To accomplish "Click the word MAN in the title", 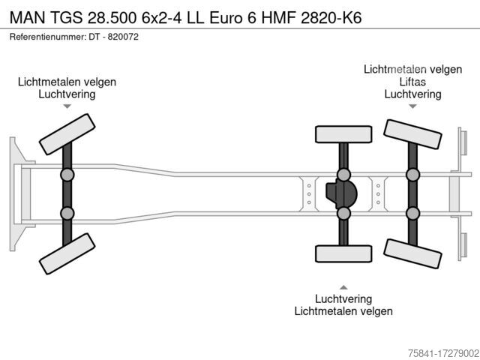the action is pyautogui.click(x=28, y=18).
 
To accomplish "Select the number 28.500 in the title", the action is pyautogui.click(x=112, y=18).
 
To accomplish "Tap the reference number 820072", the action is pyautogui.click(x=123, y=37).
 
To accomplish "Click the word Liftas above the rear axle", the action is pyautogui.click(x=412, y=82).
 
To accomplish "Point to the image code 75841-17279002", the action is pyautogui.click(x=444, y=353).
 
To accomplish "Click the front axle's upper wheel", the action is pyautogui.click(x=67, y=134).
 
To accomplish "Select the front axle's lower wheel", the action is pyautogui.click(x=67, y=253).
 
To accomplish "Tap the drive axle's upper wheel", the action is pyautogui.click(x=343, y=134).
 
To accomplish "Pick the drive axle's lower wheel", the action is pyautogui.click(x=343, y=253).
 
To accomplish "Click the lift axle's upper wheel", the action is pyautogui.click(x=412, y=134).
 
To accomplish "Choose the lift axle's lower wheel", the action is pyautogui.click(x=412, y=253).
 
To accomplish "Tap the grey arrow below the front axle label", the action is pyautogui.click(x=67, y=106).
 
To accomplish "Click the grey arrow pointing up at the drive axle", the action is pyautogui.click(x=343, y=287).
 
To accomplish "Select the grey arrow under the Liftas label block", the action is pyautogui.click(x=412, y=106).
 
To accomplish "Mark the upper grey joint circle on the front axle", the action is pyautogui.click(x=67, y=175).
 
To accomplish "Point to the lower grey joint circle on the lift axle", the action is pyautogui.click(x=412, y=213).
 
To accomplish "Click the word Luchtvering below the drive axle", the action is pyautogui.click(x=343, y=298).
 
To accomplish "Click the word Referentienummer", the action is pyautogui.click(x=48, y=37).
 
